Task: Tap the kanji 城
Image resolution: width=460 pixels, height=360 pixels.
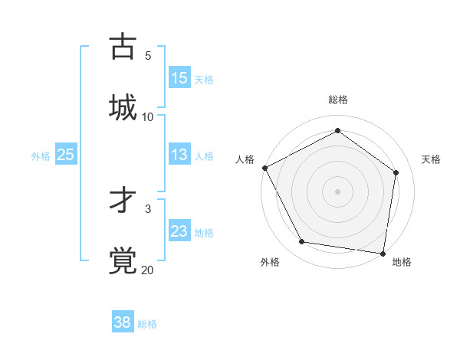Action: (x=123, y=106)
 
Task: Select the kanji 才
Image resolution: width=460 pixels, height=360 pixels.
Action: (x=123, y=200)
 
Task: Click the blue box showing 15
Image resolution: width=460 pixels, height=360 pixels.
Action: (x=179, y=78)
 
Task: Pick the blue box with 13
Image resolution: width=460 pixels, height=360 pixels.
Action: (x=179, y=155)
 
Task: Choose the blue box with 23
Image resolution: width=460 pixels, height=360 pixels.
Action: (x=179, y=231)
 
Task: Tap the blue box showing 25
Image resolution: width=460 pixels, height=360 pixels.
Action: (x=66, y=155)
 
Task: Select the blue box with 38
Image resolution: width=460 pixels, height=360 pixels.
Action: (x=123, y=322)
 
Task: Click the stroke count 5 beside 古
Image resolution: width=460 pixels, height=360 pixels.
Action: (x=147, y=56)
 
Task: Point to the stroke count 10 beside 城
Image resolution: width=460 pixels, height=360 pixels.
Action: (x=147, y=116)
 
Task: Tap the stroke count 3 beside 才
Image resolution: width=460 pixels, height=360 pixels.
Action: (x=147, y=208)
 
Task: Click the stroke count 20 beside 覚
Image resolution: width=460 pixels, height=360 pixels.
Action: (x=147, y=270)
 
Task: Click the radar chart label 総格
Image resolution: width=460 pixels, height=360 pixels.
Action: (x=338, y=100)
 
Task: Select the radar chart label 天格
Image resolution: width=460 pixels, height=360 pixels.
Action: (x=431, y=159)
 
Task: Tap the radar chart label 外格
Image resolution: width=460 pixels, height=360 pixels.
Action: (x=270, y=262)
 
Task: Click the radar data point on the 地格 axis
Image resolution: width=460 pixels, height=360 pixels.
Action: (x=383, y=253)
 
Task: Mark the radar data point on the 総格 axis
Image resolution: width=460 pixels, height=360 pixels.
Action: (x=337, y=131)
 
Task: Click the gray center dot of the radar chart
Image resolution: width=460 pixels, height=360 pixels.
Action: (x=337, y=191)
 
